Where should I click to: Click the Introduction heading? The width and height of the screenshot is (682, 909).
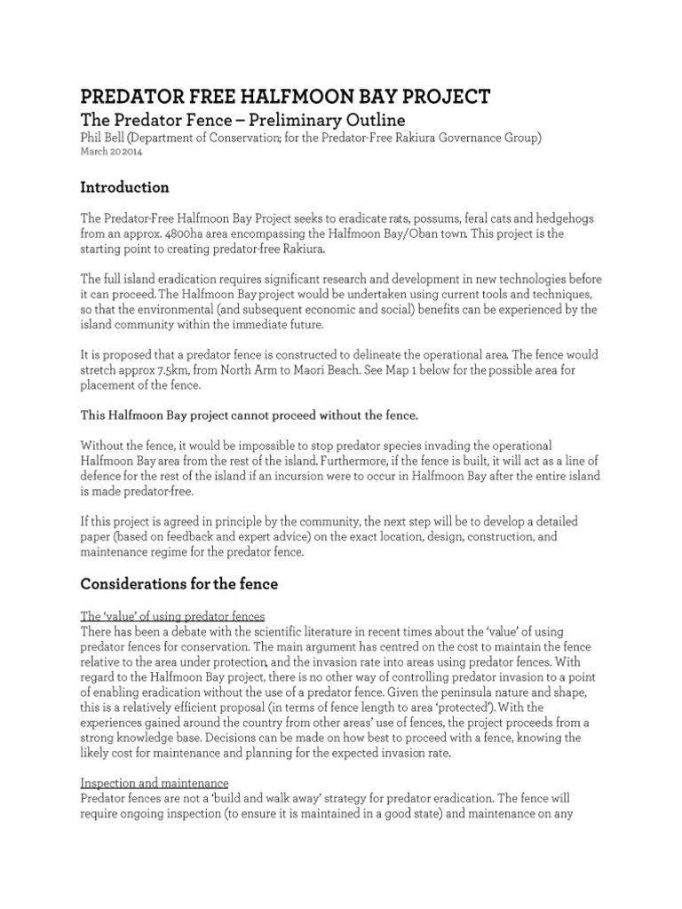point(124,187)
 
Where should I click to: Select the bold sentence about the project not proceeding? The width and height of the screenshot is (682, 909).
point(249,415)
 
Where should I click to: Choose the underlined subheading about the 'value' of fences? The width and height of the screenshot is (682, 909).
point(172,617)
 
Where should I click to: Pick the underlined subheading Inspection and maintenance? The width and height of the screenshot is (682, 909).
point(155,783)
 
